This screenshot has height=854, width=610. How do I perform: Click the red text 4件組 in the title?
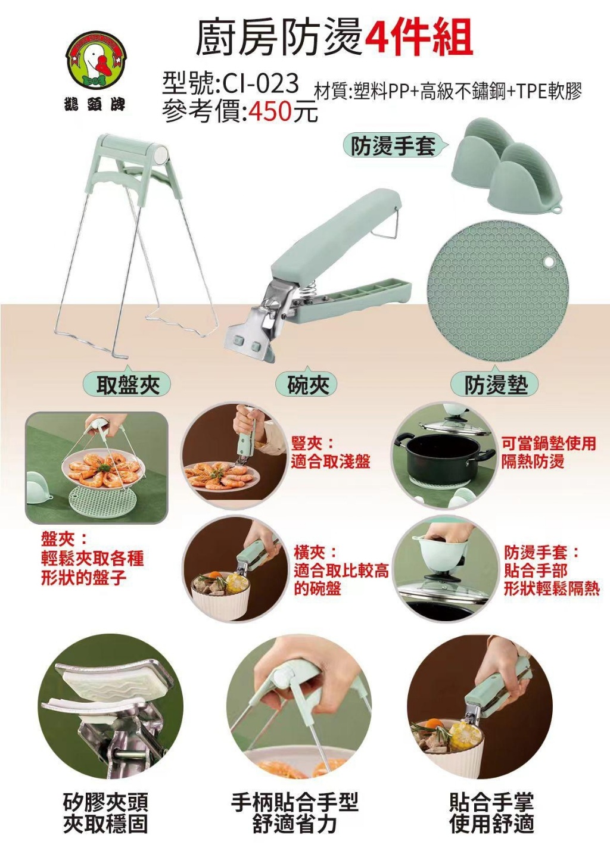click(x=418, y=37)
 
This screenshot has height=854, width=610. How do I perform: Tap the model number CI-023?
click(x=260, y=84)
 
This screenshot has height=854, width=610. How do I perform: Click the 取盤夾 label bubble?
click(x=128, y=385)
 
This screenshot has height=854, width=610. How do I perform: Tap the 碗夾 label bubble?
click(x=307, y=385)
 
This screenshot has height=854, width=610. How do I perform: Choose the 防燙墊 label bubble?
click(x=496, y=385)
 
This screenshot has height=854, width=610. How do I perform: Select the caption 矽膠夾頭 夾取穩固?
click(x=105, y=813)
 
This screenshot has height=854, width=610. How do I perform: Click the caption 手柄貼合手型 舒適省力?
click(x=295, y=813)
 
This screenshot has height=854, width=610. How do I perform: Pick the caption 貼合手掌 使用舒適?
click(x=491, y=813)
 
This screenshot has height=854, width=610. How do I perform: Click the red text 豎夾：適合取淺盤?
click(x=330, y=453)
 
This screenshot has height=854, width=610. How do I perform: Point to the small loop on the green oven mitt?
click(x=558, y=210)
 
